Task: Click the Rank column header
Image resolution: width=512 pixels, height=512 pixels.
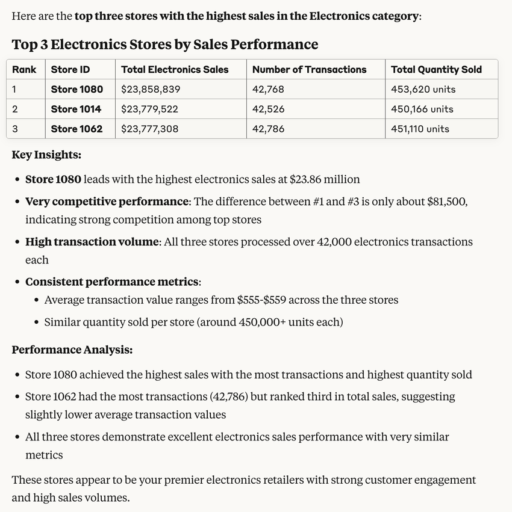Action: pos(24,70)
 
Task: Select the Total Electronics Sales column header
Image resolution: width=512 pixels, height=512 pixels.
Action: pos(175,70)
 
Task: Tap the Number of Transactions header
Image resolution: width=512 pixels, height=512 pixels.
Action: pos(309,70)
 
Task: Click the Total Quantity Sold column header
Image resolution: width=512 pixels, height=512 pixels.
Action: pos(436,70)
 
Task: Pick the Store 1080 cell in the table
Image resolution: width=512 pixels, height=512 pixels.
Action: pos(77,90)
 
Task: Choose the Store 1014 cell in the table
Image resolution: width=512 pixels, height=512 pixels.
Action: pos(76,109)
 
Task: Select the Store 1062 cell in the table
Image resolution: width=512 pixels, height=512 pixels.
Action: pos(76,129)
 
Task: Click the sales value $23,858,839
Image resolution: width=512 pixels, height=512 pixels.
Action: pos(151,90)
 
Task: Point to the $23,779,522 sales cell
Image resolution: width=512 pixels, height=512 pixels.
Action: pos(149,109)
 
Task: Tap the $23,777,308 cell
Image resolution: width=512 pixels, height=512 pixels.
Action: pos(149,129)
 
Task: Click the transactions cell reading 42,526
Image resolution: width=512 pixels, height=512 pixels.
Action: pos(268,109)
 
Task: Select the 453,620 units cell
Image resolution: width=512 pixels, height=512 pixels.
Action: pos(423,90)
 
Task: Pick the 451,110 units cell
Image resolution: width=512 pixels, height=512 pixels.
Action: pos(420,129)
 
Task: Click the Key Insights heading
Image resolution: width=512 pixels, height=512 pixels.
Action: pos(46,155)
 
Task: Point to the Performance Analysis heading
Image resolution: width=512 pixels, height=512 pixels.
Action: pos(72,350)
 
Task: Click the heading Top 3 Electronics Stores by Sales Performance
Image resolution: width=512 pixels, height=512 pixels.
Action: pos(164,45)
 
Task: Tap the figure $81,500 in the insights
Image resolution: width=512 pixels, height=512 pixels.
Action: pos(446,202)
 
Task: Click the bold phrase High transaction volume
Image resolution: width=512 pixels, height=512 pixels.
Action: pos(92,242)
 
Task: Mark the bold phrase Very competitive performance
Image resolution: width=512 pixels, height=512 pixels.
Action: pos(107,202)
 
